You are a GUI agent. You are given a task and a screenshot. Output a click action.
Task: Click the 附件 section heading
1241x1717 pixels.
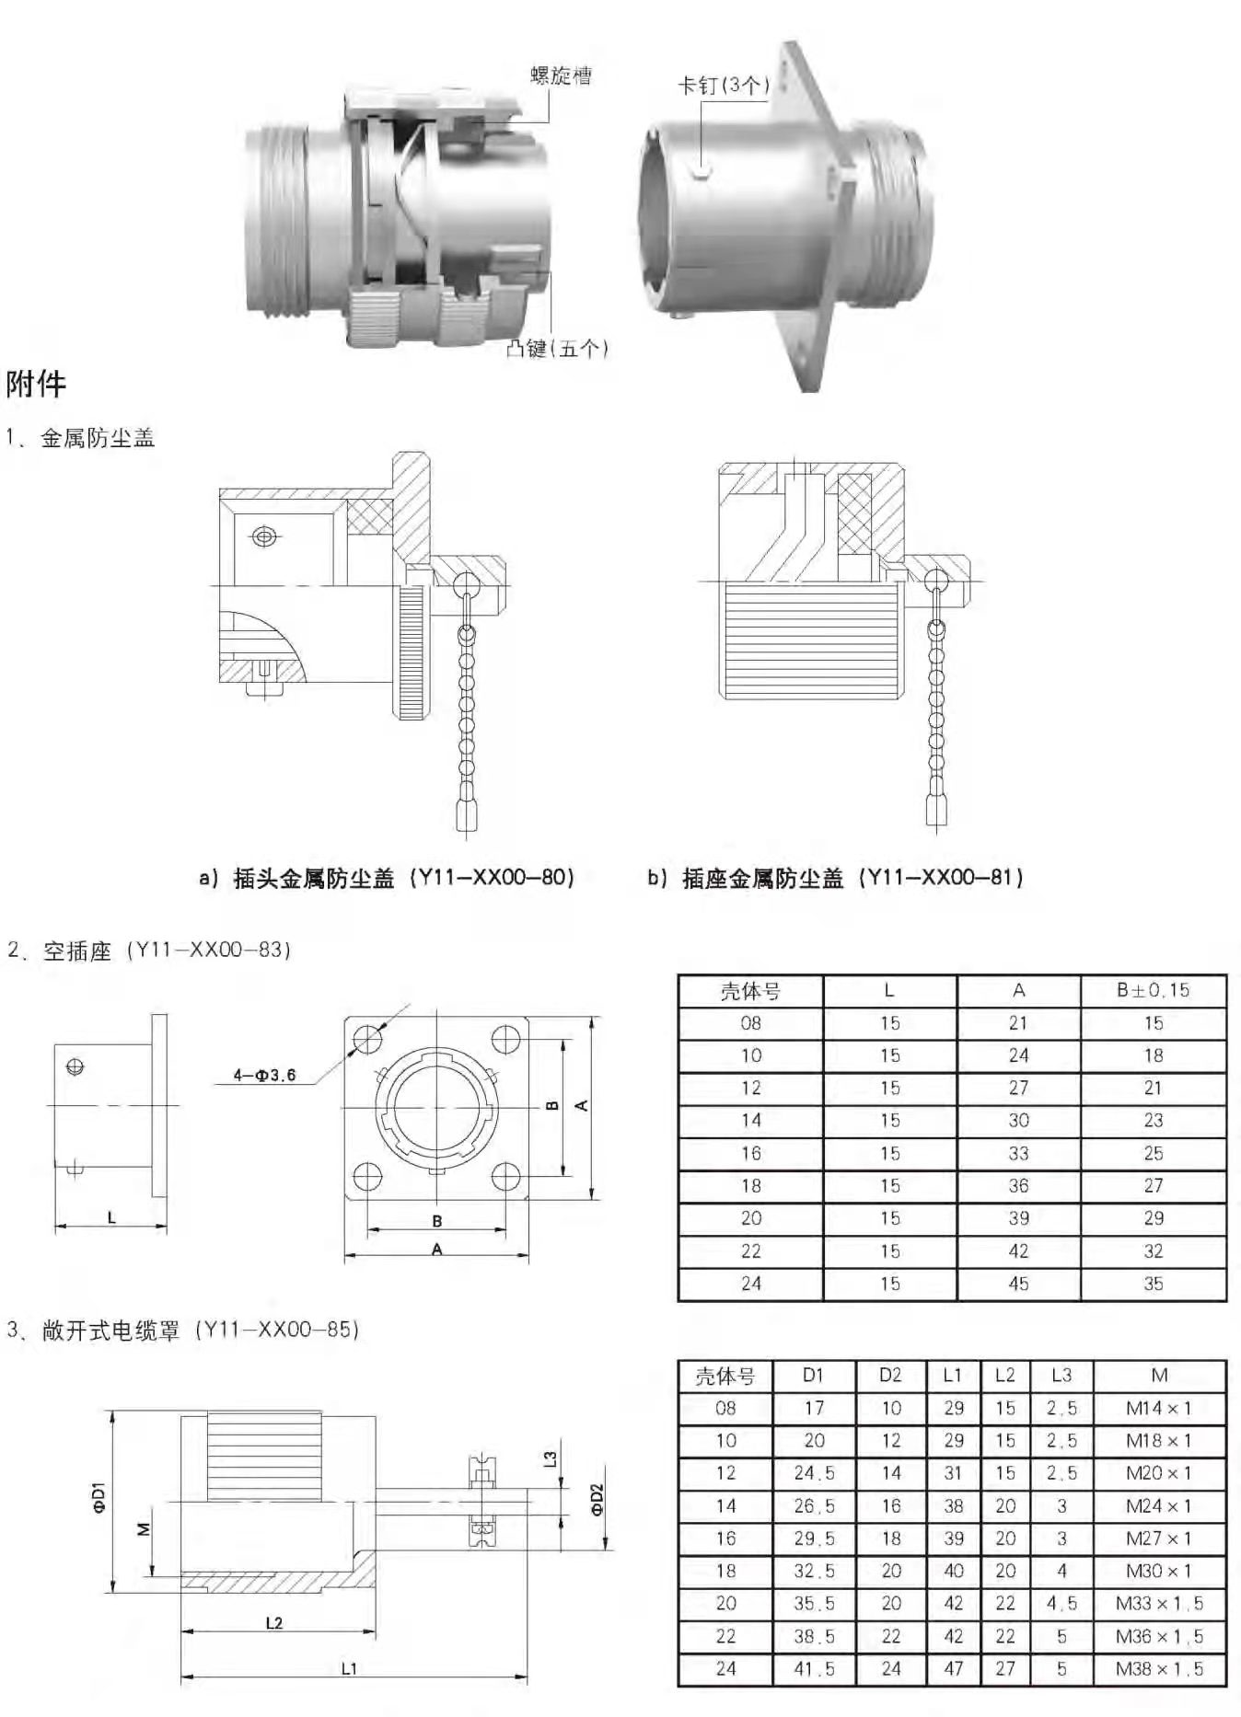pos(36,384)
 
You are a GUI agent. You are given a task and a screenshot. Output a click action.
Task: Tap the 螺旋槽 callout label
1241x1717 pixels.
pos(561,75)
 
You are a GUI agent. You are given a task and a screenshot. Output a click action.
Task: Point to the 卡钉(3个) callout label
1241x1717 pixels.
pos(723,86)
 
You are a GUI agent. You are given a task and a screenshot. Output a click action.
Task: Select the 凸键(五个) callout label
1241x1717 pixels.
pos(558,348)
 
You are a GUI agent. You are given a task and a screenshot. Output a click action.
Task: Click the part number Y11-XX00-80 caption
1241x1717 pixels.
pos(387,878)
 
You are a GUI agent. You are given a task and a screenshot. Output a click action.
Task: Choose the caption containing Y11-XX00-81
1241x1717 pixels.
pos(835,878)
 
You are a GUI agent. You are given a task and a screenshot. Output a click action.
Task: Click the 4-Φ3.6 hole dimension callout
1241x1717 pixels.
pos(264,1075)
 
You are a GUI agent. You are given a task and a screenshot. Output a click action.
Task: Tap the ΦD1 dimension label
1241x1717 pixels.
pos(99,1497)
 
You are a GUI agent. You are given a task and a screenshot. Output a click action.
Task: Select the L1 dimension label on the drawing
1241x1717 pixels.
pos(349,1668)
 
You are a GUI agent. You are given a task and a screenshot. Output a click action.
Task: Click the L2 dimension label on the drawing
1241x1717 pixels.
pos(273,1623)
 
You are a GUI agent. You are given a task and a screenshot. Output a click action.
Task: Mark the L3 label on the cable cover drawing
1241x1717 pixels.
pos(550,1458)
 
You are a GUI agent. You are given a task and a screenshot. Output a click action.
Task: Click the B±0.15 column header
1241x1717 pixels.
pos(1153,990)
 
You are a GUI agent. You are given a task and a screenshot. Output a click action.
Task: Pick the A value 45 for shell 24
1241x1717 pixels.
pos(1018,1284)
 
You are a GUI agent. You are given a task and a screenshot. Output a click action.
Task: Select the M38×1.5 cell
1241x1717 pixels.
pos(1159,1668)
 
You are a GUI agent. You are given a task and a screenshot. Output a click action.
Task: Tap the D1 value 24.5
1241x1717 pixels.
pos(814,1473)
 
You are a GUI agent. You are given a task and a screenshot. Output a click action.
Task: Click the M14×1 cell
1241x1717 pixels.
pos(1159,1408)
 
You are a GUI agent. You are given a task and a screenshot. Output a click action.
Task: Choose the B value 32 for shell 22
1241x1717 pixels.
pos(1154,1251)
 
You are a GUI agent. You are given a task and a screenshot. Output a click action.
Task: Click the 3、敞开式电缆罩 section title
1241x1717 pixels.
pos(183,1330)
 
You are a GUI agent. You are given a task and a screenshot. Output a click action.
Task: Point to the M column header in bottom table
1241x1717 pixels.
pos(1159,1375)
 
